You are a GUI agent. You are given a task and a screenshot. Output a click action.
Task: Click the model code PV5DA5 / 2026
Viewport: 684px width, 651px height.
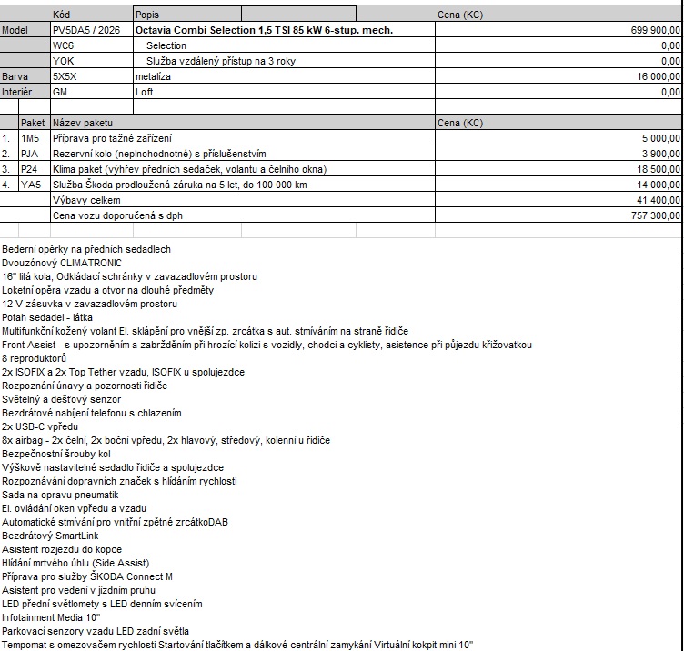(85, 30)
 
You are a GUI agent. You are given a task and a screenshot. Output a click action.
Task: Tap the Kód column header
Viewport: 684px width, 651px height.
(62, 15)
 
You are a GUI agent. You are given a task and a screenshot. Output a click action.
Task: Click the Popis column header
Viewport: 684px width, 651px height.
(146, 15)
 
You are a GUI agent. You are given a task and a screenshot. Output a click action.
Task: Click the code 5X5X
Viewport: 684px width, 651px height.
(65, 77)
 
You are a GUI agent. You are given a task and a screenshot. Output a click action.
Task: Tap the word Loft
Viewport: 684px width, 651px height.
(144, 92)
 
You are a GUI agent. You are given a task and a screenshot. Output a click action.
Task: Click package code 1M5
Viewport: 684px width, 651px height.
(31, 138)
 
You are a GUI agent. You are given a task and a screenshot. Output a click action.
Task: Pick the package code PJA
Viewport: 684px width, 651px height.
(30, 154)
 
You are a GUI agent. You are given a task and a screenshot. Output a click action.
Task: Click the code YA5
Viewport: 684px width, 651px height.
(30, 185)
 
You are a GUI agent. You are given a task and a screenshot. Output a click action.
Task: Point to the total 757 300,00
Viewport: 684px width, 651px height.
(655, 215)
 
